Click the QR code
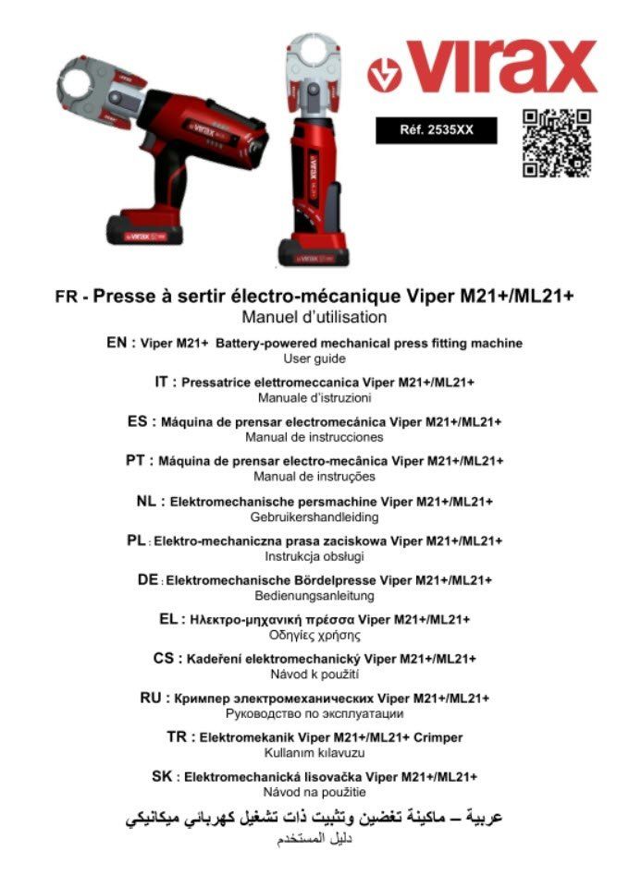557,142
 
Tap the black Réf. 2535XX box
436,130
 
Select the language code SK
163,776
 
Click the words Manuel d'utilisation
314,318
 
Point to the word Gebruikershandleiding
314,517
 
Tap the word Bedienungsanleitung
314,596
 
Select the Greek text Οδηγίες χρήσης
314,636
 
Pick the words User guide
314,358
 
